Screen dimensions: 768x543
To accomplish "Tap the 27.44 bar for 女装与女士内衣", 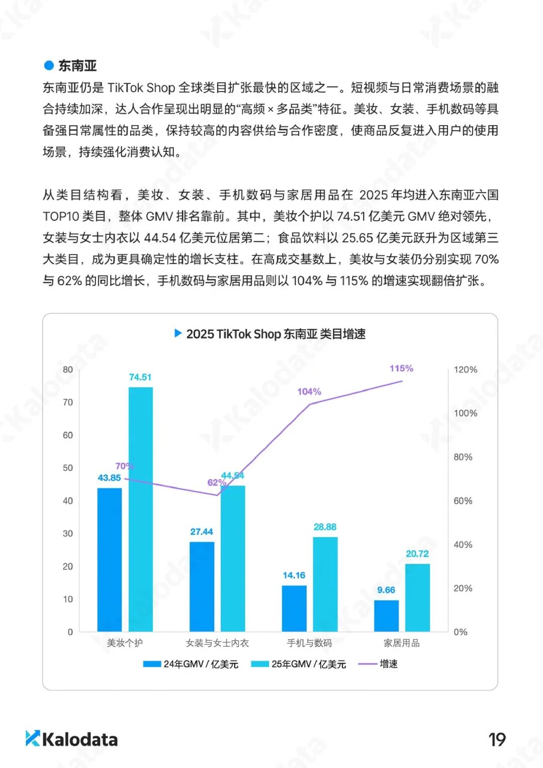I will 202,586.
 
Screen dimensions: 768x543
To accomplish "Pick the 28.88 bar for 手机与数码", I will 325,584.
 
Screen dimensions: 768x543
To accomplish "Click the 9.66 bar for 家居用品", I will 386,616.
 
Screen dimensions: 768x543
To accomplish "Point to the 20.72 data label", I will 417,554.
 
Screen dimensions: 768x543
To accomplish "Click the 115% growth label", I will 401,369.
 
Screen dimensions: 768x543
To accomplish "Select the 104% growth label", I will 309,392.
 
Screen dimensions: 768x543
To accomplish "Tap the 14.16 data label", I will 294,575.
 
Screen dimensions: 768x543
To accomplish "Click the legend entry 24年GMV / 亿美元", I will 191,664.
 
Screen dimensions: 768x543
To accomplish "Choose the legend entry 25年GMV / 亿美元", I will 299,664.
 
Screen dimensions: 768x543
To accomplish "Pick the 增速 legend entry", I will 378,664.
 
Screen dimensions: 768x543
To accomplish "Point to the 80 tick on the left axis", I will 68,370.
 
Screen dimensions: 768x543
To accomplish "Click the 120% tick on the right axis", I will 465,370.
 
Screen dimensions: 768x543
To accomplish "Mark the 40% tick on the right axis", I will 463,545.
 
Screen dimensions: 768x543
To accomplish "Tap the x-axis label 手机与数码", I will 309,643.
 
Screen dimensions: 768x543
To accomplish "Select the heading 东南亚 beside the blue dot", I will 77,66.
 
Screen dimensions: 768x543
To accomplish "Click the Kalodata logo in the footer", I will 72,739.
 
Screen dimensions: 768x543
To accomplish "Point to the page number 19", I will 497,740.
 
